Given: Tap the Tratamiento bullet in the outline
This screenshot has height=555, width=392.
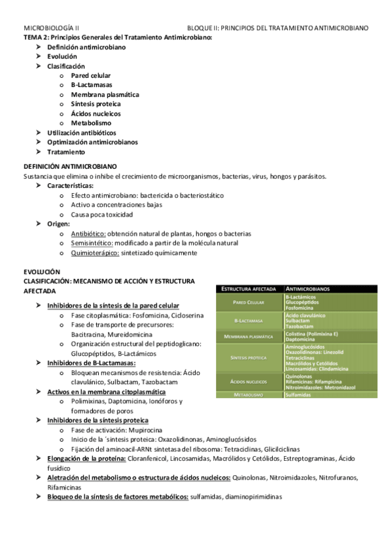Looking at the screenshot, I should [x=65, y=152].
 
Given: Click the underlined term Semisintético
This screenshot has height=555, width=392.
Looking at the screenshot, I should [x=88, y=243].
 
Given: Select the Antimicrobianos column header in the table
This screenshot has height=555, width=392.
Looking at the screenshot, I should [x=308, y=289].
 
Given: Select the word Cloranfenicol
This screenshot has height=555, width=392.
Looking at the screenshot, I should [x=149, y=459].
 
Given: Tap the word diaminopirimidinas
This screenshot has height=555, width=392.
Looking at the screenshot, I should [x=253, y=497].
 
